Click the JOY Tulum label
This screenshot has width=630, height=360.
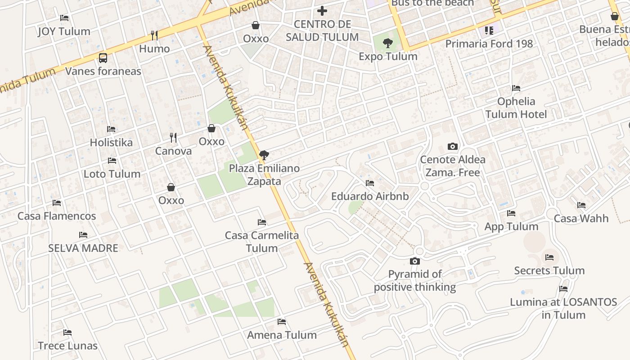[x=64, y=31]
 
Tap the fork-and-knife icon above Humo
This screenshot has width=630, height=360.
[x=154, y=35]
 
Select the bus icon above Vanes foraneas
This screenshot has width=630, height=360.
[x=103, y=58]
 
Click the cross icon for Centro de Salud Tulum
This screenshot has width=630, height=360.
[x=322, y=10]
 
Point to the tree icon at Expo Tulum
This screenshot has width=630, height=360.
[x=387, y=43]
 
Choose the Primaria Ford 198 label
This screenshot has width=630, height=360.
[x=489, y=44]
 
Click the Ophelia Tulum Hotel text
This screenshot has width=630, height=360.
[x=516, y=108]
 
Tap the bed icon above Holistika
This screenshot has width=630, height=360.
[x=111, y=129]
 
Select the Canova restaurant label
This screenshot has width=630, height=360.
[x=173, y=151]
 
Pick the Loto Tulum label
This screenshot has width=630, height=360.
[x=112, y=174]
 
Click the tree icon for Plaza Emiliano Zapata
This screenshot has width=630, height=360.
[x=264, y=155]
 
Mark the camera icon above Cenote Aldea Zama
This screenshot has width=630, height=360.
[x=453, y=146]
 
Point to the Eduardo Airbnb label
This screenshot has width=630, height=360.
[x=370, y=197]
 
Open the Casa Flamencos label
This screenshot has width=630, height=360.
[x=57, y=216]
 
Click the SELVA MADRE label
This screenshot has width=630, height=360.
[x=83, y=248]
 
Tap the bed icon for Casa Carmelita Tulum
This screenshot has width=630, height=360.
[x=261, y=222]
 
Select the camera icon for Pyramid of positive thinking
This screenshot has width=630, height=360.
[x=414, y=261]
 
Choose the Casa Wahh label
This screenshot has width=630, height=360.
[x=581, y=219]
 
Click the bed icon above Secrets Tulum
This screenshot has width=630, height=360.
[x=549, y=257]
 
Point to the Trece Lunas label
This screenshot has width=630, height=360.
[x=67, y=346]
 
